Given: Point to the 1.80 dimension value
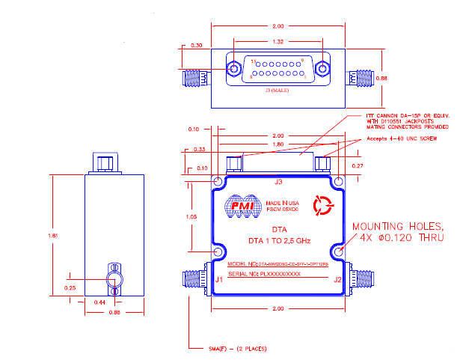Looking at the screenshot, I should [x=277, y=144].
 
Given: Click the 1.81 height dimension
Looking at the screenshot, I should [x=52, y=235].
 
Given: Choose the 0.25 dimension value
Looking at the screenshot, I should [x=70, y=287].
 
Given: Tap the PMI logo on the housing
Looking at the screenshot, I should [x=242, y=206].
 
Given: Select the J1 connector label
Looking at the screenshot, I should [x=218, y=280].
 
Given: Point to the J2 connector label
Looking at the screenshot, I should [x=337, y=280].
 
